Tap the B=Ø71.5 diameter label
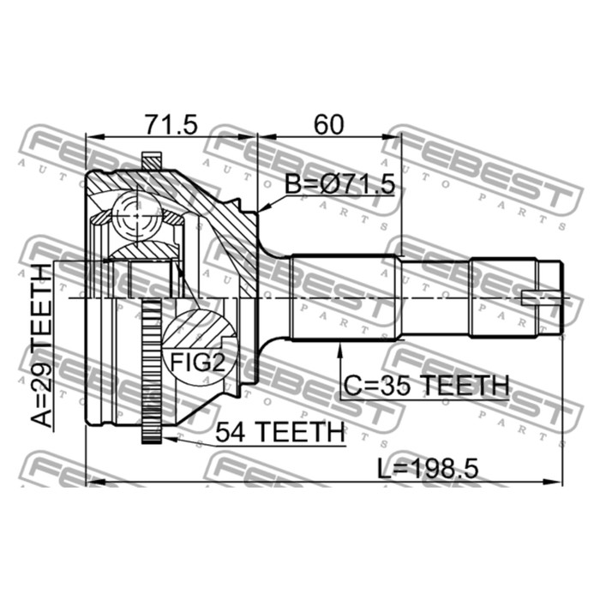(339, 183)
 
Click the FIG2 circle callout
(201, 360)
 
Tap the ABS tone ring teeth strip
(153, 369)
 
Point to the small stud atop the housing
(152, 160)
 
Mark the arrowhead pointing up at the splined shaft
(342, 344)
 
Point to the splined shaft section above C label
(342, 296)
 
